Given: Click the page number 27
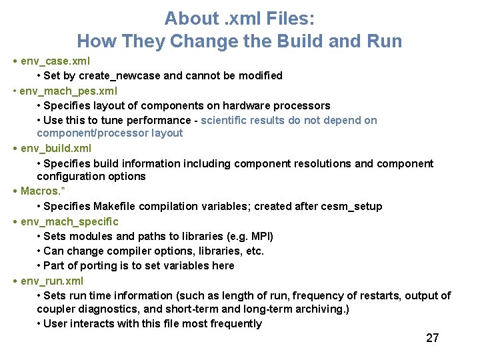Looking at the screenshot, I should click(433, 338).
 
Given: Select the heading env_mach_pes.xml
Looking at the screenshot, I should click(60, 91).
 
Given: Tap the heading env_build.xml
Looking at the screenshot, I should click(56, 148).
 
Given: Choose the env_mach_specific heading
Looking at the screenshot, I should click(69, 221).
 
